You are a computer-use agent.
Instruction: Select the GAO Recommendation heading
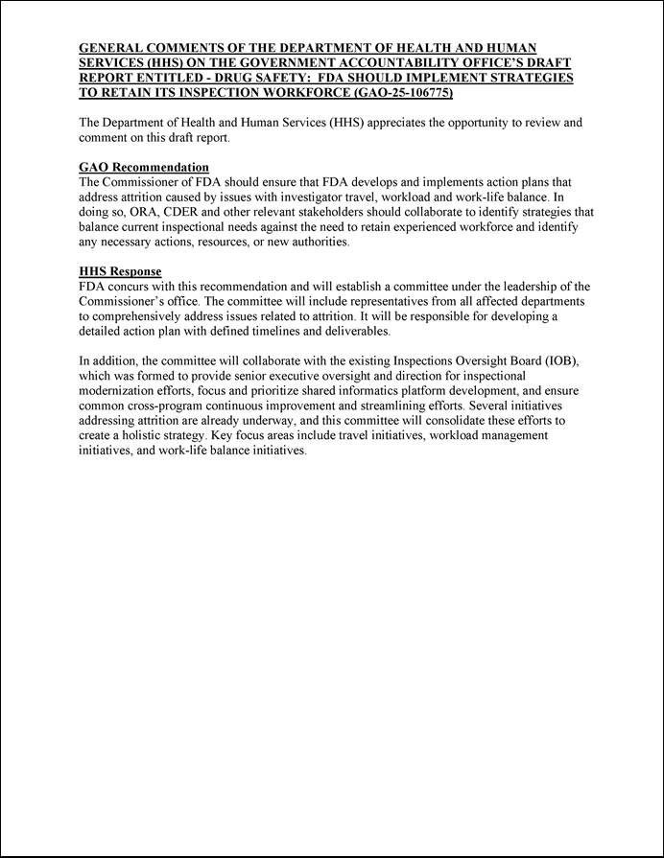point(144,168)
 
